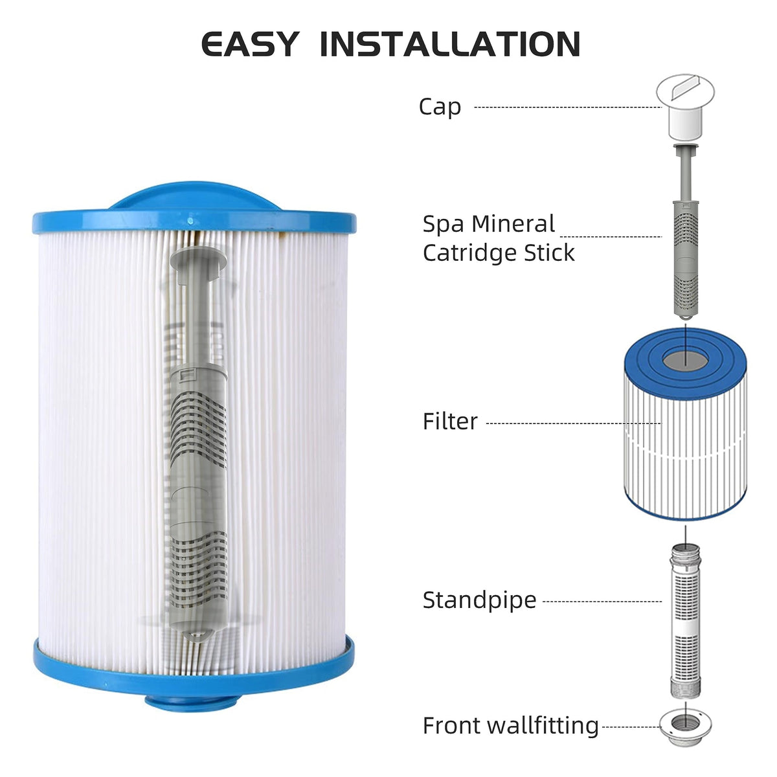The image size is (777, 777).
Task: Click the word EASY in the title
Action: [250, 44]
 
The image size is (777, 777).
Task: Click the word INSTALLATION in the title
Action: [450, 44]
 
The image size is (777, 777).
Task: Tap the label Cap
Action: [440, 107]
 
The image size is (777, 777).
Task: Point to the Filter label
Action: [449, 422]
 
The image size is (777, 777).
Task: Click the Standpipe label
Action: [479, 600]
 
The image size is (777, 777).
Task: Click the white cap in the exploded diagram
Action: [685, 106]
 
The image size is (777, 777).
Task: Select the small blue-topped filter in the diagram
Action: [685, 423]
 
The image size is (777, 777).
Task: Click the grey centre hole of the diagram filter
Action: [685, 361]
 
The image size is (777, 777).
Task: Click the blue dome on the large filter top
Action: [194, 196]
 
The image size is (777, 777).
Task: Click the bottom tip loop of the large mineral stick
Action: [197, 636]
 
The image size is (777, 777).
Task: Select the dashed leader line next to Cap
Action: [568, 107]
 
